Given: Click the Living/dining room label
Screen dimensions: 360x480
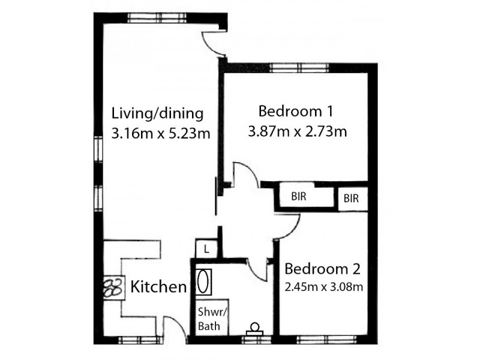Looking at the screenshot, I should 158,113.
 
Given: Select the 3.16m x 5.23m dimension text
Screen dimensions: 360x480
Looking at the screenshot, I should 160,133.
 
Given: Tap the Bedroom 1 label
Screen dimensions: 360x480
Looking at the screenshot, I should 295,111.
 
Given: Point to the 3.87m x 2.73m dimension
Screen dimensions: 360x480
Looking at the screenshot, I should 298,131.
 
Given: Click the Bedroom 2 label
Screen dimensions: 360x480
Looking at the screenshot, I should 322,268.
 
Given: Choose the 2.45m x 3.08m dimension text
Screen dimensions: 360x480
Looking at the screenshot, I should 323,286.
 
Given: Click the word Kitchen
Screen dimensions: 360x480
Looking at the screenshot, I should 159,287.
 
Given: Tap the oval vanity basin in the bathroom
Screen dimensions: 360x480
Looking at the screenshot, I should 203,281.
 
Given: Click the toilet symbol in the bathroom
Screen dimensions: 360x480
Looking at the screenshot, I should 255,329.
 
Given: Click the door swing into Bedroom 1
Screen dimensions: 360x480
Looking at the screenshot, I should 243,174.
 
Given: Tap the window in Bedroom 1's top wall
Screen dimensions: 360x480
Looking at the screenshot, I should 287,67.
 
